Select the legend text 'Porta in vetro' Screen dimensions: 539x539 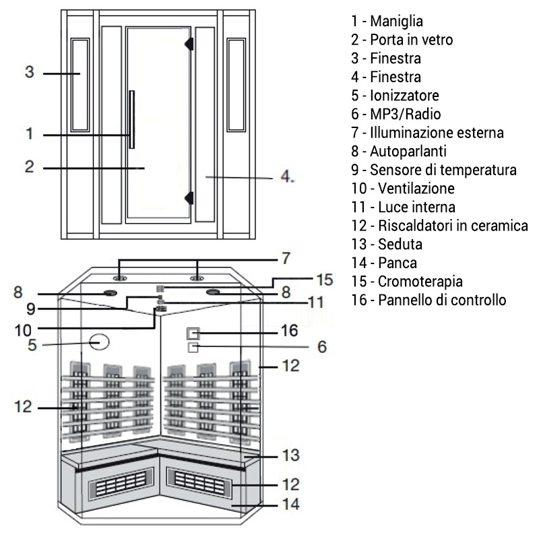point(402,40)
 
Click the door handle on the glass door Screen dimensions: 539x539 point(133,119)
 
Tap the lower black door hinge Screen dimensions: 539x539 point(190,197)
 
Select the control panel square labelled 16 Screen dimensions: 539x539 point(193,333)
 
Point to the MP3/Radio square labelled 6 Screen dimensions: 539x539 point(193,347)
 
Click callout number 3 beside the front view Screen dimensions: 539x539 point(29,71)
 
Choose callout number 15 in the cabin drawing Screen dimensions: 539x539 point(324,279)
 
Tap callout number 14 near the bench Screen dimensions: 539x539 point(291,504)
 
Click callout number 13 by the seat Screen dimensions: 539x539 point(290,453)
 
